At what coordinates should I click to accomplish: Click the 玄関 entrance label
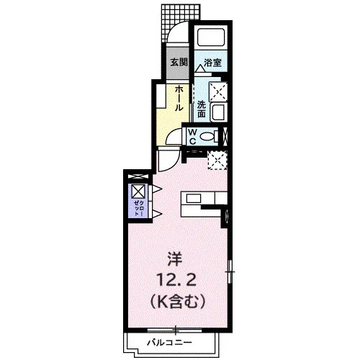(x=179, y=63)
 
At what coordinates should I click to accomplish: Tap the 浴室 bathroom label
(x=212, y=63)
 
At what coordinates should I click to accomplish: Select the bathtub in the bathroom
(x=211, y=37)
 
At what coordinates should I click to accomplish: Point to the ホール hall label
(x=179, y=99)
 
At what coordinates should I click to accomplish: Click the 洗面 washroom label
(x=202, y=109)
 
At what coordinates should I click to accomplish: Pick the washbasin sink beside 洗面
(x=218, y=112)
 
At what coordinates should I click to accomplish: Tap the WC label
(x=193, y=137)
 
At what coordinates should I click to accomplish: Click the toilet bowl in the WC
(x=208, y=137)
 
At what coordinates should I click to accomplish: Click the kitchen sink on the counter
(x=193, y=199)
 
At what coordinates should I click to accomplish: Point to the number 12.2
(x=176, y=280)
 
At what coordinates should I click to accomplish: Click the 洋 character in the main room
(x=175, y=261)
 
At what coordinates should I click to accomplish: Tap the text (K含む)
(x=178, y=302)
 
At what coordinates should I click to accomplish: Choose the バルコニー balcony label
(x=170, y=342)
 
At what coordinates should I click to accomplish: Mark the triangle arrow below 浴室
(x=200, y=68)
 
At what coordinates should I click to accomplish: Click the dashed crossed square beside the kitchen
(x=217, y=161)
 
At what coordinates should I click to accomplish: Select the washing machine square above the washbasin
(x=218, y=91)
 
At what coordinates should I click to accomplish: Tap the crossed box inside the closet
(x=138, y=191)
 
